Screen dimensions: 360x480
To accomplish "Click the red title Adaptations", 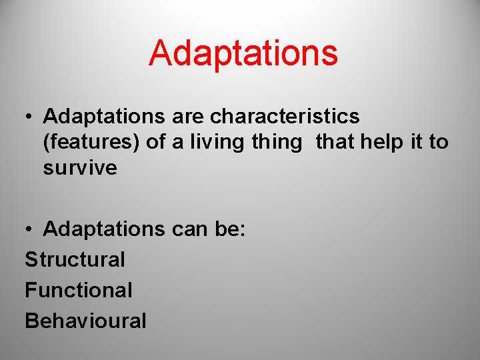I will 243,53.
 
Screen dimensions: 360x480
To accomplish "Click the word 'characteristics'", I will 285,117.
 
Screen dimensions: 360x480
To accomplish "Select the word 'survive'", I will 80,168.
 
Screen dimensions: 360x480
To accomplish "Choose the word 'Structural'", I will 75,259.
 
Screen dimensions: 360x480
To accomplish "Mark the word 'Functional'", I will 79,290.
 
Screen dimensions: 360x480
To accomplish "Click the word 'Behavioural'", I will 85,321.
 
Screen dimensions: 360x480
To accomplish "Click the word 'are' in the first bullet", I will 188,117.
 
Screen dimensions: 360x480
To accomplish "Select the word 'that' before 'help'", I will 337,142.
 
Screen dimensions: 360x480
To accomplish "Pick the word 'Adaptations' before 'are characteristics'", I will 104,117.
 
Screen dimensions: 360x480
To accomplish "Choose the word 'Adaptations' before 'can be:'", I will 104,230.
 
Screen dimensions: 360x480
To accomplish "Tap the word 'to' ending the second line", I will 439,143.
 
